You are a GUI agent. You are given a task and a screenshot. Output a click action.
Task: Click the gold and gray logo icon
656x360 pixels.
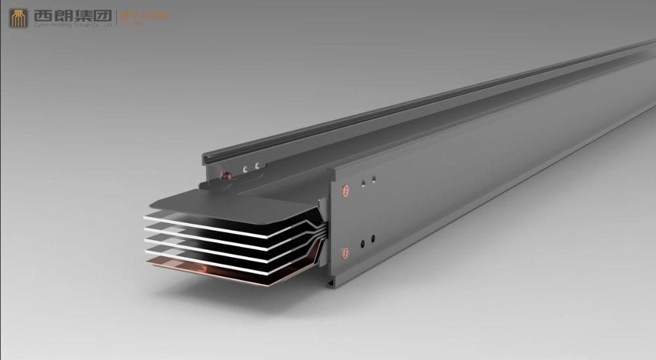point(18,18)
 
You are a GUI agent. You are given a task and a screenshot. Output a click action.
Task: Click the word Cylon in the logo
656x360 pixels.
point(40,25)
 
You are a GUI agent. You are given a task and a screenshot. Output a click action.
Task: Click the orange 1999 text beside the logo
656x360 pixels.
point(158,14)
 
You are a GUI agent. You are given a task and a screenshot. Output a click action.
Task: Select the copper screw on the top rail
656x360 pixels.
point(227,175)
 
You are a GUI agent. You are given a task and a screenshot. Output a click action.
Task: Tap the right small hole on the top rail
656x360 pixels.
point(257,166)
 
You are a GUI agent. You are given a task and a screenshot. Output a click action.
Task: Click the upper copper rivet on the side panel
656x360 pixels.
point(346,192)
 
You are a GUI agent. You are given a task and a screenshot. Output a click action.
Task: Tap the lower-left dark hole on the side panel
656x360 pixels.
point(361,243)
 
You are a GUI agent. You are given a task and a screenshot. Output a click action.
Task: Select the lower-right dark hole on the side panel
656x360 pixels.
point(373,238)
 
